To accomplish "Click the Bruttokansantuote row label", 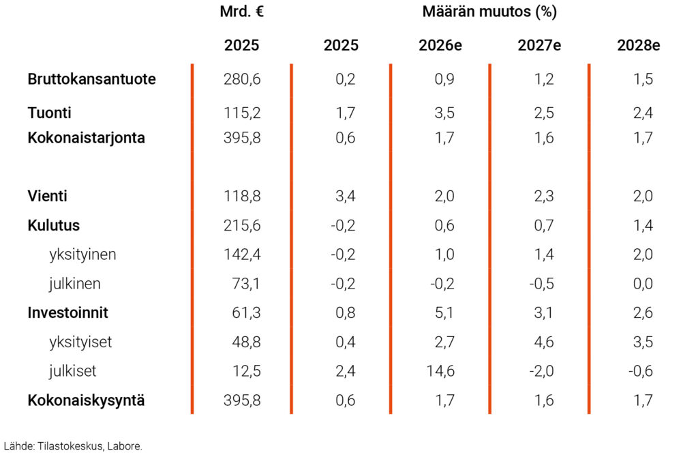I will click(x=91, y=79).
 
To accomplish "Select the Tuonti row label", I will click(x=50, y=113).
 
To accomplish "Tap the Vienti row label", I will click(x=47, y=196).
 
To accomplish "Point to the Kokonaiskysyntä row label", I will click(x=86, y=400).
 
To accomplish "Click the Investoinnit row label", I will click(x=67, y=313).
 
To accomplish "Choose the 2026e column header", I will click(x=440, y=46).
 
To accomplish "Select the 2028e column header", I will click(x=638, y=46).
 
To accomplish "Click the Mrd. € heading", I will click(x=241, y=12).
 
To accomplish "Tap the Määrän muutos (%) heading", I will click(x=489, y=12).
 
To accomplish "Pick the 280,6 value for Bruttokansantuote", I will click(x=242, y=79).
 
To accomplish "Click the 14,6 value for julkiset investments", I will click(x=440, y=372).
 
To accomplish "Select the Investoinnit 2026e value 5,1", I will click(x=444, y=313).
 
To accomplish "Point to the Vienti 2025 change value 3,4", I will click(x=346, y=196).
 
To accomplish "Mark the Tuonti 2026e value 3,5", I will click(x=444, y=113).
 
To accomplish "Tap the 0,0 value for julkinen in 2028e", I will click(x=643, y=284).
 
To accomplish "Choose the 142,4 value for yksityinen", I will click(x=242, y=254).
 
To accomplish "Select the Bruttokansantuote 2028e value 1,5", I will click(x=643, y=79).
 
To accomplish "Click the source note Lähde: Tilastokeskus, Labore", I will click(x=73, y=445).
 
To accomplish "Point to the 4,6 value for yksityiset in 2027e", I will click(x=544, y=342).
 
